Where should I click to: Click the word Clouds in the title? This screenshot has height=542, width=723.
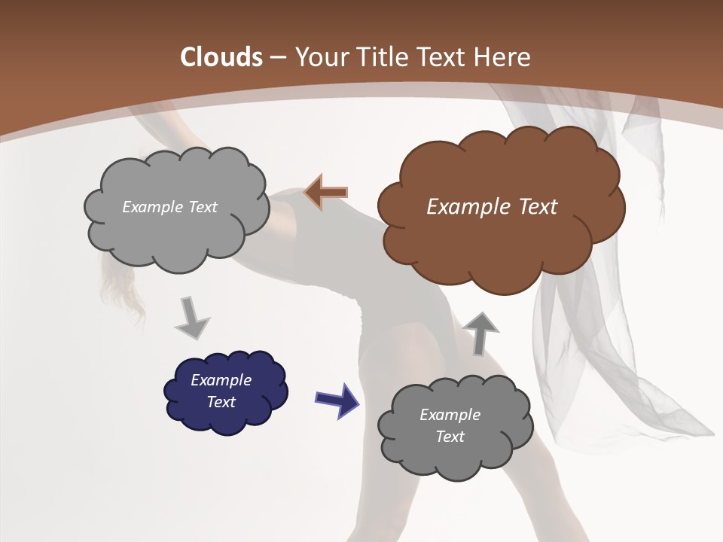221,56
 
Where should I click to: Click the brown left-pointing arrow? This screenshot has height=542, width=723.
326,193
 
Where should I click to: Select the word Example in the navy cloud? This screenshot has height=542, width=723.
221,380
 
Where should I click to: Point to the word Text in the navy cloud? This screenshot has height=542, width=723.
221,402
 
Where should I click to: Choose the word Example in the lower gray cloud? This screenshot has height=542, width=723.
450,415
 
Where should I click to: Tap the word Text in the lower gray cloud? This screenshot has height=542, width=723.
450,437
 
